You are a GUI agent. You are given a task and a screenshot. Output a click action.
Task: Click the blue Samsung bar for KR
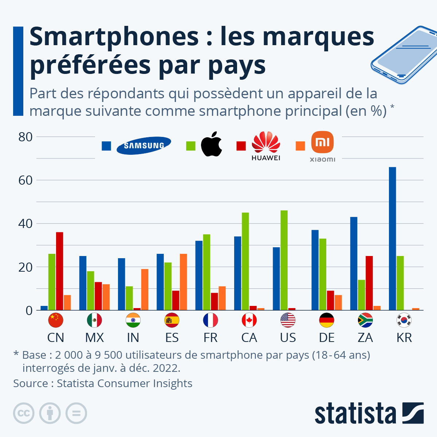pyautogui.click(x=392, y=239)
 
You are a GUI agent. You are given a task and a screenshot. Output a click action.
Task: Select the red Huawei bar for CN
pyautogui.click(x=59, y=271)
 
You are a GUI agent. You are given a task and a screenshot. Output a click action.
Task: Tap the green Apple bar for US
pyautogui.click(x=284, y=260)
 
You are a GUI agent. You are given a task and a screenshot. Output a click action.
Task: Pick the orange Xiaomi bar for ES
pyautogui.click(x=183, y=282)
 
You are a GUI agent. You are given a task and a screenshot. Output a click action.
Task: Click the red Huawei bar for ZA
pyautogui.click(x=369, y=283)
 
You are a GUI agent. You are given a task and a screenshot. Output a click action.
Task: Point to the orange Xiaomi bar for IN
pyautogui.click(x=145, y=290)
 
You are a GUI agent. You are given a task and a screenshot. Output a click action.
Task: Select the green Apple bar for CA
pyautogui.click(x=245, y=261)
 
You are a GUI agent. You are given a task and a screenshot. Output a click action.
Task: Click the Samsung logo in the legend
pyautogui.click(x=144, y=146)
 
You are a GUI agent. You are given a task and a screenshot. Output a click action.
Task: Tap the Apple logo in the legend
pyautogui.click(x=212, y=145)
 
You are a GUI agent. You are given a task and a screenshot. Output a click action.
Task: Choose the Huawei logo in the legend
pyautogui.click(x=266, y=146)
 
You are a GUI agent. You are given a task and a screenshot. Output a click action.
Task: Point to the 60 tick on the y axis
pyautogui.click(x=25, y=180)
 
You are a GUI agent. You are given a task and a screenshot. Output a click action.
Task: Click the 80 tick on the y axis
pyautogui.click(x=25, y=137)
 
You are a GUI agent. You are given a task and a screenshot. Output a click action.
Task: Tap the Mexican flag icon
pyautogui.click(x=94, y=320)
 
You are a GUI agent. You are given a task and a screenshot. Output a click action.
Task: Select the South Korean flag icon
pyautogui.click(x=404, y=320)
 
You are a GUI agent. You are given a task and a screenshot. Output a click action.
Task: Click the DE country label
pyautogui.click(x=327, y=338)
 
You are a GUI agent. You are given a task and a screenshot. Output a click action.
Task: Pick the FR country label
pyautogui.click(x=210, y=338)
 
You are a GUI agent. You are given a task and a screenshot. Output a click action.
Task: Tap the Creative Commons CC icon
pyautogui.click(x=24, y=413)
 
